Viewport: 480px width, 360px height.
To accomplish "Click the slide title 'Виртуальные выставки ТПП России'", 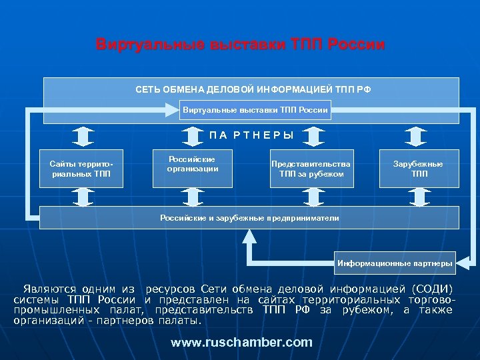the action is click(240, 45).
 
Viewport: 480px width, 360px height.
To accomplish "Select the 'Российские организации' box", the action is click(193, 164).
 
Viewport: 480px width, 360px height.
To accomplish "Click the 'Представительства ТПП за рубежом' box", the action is click(311, 169).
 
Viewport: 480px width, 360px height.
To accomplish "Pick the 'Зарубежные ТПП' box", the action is click(419, 169).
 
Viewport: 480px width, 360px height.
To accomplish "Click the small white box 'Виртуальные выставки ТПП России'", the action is click(255, 109).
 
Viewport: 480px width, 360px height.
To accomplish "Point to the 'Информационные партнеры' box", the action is click(395, 263).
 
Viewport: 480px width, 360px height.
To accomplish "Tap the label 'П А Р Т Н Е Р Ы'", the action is click(251, 135).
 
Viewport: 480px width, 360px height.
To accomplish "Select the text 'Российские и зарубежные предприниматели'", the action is click(249, 218).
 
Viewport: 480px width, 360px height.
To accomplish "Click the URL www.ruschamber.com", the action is click(241, 342).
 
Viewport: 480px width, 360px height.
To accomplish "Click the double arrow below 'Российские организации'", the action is click(193, 196).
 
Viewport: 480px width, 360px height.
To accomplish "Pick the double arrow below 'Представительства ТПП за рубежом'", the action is click(311, 196).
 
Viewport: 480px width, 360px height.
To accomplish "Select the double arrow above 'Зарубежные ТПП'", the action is click(419, 135).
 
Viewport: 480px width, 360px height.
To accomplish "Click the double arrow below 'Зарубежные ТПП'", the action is click(419, 196).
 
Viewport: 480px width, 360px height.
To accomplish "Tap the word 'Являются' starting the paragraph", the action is click(49, 289).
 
